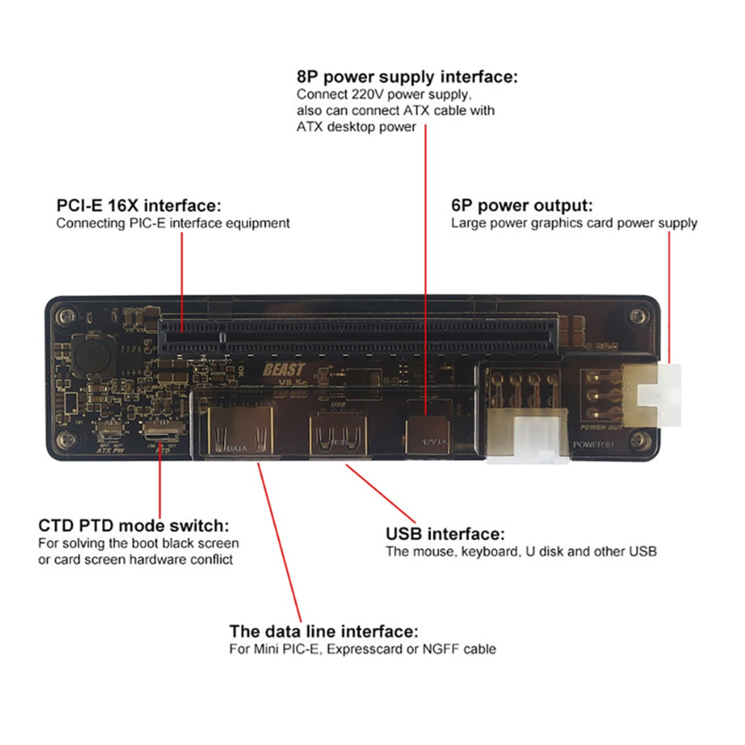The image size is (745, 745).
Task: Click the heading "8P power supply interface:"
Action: click(x=406, y=77)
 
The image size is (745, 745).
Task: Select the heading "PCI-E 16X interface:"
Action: click(x=139, y=205)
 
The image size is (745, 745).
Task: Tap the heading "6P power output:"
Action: click(x=521, y=205)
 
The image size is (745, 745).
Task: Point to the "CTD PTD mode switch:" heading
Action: click(x=134, y=526)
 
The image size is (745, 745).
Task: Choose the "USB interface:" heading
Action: click(x=445, y=534)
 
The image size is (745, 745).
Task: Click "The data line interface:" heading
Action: click(x=324, y=631)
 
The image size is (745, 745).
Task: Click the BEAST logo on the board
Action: click(x=284, y=370)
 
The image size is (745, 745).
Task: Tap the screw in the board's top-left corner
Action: click(x=66, y=317)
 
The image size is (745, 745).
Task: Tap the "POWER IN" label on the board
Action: click(x=593, y=445)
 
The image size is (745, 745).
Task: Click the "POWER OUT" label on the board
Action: click(x=601, y=427)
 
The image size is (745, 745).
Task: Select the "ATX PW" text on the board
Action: click(x=110, y=450)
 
